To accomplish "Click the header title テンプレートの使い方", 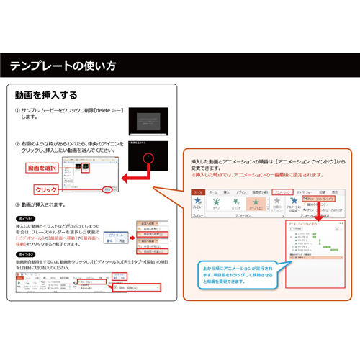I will pos(63,66).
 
